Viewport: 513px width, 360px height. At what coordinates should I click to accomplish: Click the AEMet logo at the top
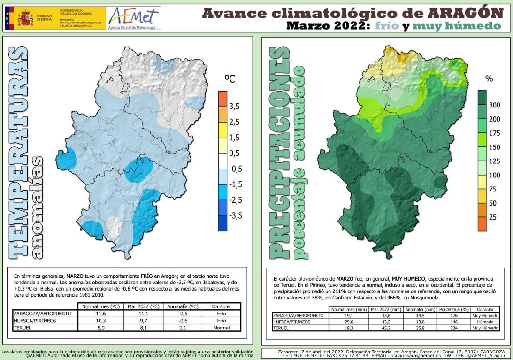133,18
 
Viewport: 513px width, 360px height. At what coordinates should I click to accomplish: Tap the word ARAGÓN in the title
469,13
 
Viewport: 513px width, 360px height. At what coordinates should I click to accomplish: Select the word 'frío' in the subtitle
388,26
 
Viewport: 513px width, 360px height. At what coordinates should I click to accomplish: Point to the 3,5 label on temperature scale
234,107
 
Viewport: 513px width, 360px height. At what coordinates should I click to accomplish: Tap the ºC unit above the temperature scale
230,79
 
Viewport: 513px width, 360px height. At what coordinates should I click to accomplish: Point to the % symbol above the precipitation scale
489,79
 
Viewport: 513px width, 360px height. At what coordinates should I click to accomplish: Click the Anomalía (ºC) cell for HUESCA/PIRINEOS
180,321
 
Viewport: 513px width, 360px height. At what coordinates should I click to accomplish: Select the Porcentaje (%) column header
452,310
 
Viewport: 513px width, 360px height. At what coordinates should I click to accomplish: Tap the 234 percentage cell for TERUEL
452,328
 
